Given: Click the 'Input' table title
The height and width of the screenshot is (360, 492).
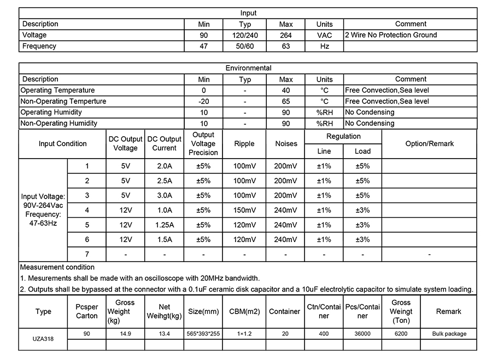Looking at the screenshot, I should (x=248, y=13).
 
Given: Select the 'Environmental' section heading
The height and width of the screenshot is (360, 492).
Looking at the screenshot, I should (x=248, y=68).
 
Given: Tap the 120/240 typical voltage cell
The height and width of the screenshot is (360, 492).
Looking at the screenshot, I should (x=245, y=35).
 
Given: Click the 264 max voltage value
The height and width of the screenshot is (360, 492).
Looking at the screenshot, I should (x=286, y=35).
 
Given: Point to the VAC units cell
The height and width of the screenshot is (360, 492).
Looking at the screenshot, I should (x=324, y=35).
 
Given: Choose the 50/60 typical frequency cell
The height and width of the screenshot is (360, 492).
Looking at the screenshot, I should (x=245, y=47).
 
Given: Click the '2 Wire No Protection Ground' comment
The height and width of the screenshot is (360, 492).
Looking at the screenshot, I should (x=391, y=35).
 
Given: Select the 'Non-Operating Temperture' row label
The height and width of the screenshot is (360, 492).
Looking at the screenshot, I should (x=63, y=101).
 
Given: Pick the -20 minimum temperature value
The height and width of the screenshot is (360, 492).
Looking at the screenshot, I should (x=204, y=101).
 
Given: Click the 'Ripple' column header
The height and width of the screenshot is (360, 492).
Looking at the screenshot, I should (x=244, y=144).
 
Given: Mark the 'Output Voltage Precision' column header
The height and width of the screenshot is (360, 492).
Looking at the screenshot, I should (x=203, y=144).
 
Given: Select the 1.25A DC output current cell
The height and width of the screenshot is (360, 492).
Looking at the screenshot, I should (x=164, y=225).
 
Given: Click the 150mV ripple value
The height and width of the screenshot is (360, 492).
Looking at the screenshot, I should (x=244, y=210).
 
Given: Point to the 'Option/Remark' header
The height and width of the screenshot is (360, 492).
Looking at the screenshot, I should (x=429, y=144).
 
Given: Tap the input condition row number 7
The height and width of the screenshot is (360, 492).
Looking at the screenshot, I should (x=87, y=254).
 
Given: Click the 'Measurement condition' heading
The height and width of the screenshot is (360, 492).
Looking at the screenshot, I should (x=57, y=268).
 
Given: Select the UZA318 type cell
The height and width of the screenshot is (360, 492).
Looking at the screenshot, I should (x=43, y=339).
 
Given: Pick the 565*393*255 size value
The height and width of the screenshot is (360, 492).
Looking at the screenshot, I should (x=203, y=334).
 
